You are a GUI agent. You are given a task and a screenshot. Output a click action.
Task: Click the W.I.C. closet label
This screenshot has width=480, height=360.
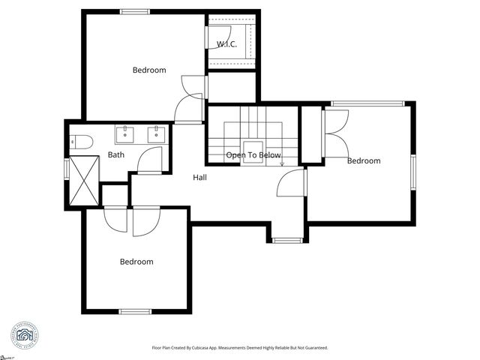[x=226, y=44]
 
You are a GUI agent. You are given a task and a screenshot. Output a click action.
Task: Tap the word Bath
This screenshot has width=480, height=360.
[x=115, y=155]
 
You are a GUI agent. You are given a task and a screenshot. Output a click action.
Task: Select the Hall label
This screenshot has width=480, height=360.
[x=199, y=178]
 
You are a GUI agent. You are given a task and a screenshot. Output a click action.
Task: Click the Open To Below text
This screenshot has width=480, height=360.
[x=253, y=155]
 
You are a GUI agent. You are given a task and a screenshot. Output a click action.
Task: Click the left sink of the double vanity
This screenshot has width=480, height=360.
[x=124, y=135]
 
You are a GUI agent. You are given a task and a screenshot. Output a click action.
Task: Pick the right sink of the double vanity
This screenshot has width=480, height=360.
[x=156, y=135]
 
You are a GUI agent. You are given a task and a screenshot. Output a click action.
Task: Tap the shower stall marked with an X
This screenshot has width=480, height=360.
[x=84, y=180]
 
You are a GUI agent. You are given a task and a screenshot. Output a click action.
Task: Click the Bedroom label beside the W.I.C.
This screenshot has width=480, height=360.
[x=149, y=70]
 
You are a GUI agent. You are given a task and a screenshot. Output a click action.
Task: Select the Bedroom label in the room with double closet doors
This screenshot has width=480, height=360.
[x=363, y=160]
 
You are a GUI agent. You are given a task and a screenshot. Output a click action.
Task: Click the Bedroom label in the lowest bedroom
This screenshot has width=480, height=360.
[x=136, y=262]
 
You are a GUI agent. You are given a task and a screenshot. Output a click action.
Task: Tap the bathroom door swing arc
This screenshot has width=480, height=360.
[x=151, y=160]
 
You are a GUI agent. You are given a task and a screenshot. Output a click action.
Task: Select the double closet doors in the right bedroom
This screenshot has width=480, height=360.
[x=335, y=124]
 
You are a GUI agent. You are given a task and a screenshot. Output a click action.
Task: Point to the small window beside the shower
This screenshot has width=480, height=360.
[x=67, y=169]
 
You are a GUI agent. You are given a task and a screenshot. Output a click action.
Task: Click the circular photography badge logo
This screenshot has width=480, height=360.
[x=25, y=334]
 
